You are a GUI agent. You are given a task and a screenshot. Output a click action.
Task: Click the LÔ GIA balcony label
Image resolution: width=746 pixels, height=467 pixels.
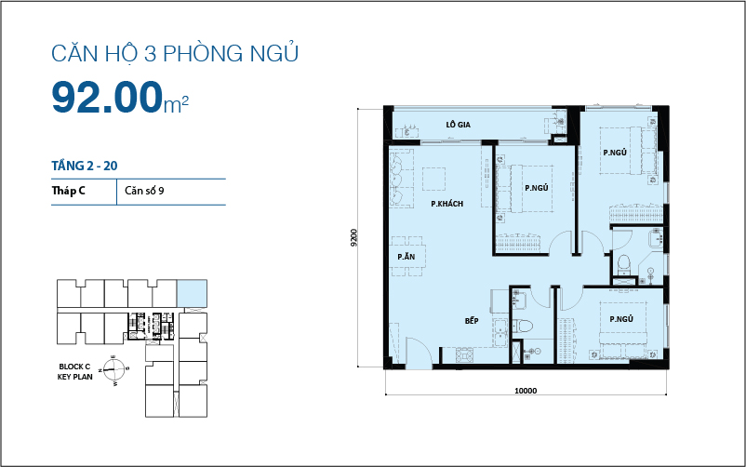456,123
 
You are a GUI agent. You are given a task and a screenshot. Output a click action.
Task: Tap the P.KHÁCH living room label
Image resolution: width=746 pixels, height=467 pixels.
446,204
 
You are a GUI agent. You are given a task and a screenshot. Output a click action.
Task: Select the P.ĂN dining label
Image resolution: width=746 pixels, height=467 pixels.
406,256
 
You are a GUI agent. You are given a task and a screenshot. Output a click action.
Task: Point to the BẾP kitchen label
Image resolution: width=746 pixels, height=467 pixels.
472,321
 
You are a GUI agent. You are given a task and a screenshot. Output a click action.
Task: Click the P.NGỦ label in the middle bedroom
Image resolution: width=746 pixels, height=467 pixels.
536,188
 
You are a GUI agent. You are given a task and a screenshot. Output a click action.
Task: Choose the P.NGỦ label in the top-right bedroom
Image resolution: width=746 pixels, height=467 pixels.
614,153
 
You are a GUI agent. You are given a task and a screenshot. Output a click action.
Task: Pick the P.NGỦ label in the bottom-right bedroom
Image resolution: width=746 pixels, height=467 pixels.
621,319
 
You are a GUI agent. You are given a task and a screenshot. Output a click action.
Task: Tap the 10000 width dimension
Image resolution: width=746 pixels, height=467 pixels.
526,391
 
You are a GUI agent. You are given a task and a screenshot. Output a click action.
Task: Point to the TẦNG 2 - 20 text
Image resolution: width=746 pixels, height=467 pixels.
85,166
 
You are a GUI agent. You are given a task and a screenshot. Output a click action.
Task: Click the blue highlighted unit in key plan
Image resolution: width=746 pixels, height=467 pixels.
193,293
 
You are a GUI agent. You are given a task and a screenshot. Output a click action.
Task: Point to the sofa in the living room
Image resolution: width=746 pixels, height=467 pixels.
400,171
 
